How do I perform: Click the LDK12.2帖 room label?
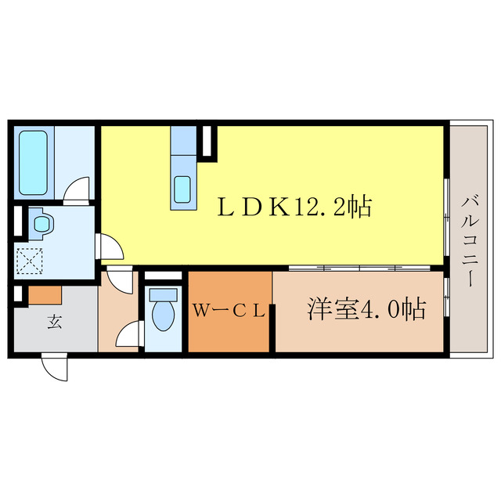pos(294,207)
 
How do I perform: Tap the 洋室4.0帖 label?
pos(366,310)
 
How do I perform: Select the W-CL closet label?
pos(229,311)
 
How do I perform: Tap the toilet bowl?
pos(164,315)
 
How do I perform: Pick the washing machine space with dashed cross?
pos(32,261)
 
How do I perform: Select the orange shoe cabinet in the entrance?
pos(45,296)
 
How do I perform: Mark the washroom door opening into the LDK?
pos(110,248)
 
